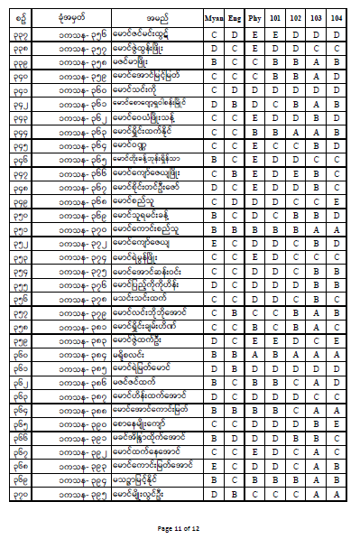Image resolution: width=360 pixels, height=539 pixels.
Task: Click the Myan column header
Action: pos(215,16)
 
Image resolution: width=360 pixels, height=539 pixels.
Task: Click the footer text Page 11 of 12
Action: pos(180,527)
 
